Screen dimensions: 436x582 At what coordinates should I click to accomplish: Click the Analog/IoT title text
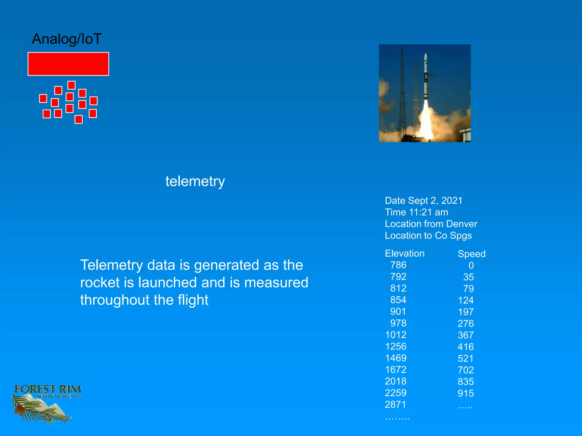67,39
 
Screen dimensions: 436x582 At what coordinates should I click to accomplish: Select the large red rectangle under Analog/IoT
68,64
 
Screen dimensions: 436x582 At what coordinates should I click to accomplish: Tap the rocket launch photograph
425,93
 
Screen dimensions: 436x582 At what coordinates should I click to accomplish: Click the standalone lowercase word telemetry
195,181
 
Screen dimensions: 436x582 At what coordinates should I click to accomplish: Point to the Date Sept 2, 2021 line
423,201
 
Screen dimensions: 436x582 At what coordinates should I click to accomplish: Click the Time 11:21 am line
416,212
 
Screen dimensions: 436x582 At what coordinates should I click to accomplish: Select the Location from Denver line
431,224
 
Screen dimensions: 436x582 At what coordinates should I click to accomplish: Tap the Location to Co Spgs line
428,236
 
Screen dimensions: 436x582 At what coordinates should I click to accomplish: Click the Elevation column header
405,253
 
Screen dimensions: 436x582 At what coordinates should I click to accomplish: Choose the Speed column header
471,254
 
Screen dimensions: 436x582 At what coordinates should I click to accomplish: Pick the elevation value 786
398,265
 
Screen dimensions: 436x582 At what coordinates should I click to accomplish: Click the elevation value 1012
396,335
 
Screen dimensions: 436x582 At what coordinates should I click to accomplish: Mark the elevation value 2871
396,404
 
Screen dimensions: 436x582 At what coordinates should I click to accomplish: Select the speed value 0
471,265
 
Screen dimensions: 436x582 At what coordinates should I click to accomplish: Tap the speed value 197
466,312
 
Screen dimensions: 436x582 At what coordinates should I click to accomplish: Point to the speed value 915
466,393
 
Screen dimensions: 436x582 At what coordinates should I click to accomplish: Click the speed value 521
465,359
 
